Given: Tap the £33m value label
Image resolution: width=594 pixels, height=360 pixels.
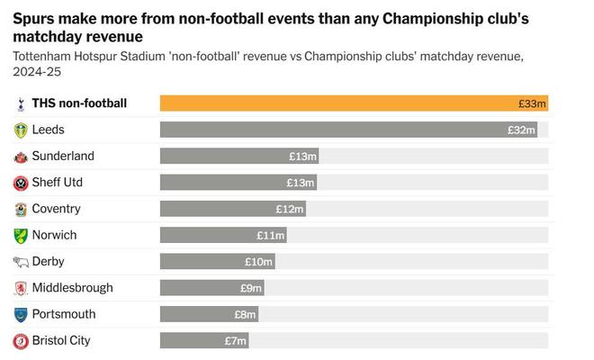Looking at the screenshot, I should coord(532,103).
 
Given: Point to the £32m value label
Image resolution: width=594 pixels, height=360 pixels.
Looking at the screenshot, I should coord(521,130).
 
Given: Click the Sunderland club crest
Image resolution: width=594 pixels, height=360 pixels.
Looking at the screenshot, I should coord(21,157).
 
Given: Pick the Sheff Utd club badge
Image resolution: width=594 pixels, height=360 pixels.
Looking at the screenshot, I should coord(21,183).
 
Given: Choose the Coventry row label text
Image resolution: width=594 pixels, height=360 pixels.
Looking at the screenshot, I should coord(56,209).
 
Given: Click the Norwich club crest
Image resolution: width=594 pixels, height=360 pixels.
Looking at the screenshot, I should coord(21,236).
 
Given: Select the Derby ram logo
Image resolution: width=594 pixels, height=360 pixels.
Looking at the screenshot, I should coord(21,262).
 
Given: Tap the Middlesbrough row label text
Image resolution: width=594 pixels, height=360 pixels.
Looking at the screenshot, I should coord(72,288).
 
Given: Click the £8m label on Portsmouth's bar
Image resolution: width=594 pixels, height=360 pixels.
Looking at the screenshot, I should coord(245,315).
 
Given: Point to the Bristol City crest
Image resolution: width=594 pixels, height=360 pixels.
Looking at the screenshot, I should coord(21,341).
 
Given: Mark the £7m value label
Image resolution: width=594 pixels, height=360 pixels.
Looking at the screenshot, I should coord(236,341).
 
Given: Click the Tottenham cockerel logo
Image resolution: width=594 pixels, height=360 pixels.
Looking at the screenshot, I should coord(21,103).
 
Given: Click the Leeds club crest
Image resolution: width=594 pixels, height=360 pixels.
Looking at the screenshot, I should coord(21,130).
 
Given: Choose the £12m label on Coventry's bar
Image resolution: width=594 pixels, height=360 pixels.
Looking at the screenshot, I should coord(290,209).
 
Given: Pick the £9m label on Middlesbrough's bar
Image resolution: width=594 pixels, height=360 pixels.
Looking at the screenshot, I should coord(251,288).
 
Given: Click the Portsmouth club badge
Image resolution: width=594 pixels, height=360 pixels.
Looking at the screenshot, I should coord(21,315).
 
